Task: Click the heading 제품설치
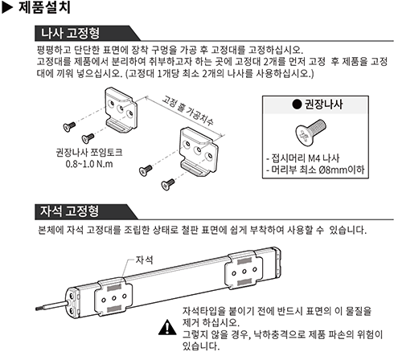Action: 44,7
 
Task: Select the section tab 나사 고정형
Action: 70,33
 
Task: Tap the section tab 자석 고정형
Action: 69,211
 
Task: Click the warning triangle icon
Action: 167,327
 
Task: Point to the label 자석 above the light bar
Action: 144,260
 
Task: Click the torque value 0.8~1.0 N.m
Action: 89,164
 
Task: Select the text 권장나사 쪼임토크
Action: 89,153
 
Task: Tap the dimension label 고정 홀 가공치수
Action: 187,111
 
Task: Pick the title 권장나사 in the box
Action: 323,104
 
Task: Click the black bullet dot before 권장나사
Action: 297,104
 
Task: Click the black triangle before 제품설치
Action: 7,8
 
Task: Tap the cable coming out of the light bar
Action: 51,305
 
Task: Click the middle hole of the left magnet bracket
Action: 113,298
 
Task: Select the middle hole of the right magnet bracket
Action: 244,272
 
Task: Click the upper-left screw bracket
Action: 121,110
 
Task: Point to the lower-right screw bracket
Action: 199,151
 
